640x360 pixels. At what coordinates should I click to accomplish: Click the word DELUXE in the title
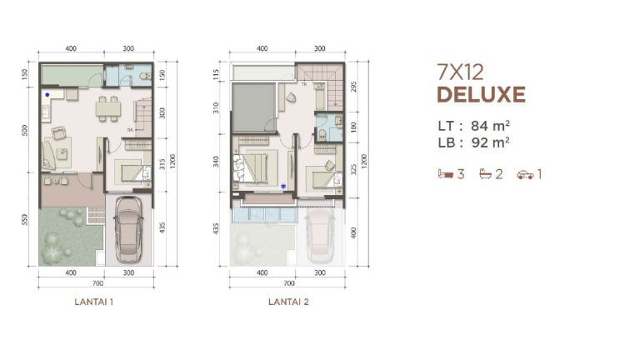click(x=481, y=94)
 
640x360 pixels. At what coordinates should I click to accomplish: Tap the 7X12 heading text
click(x=460, y=72)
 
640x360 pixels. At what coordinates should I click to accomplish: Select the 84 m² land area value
click(x=490, y=126)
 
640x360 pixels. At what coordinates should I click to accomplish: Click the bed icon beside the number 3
click(x=444, y=174)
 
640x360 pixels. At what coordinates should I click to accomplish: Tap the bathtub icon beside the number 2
click(x=483, y=174)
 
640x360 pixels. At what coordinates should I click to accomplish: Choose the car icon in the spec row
click(x=524, y=174)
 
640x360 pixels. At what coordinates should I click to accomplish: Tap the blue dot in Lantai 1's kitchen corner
click(x=47, y=95)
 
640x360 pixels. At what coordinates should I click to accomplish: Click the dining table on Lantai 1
click(x=106, y=108)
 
